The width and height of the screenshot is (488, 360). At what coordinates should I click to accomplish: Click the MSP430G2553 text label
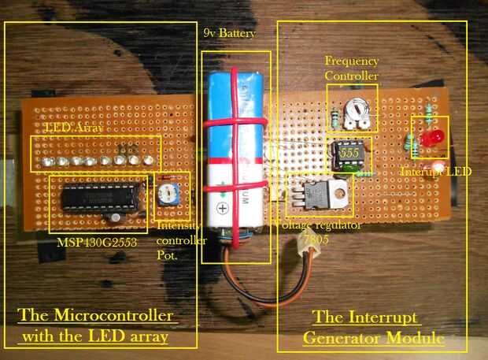96,242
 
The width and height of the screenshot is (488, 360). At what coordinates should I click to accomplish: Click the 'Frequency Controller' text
351,69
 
